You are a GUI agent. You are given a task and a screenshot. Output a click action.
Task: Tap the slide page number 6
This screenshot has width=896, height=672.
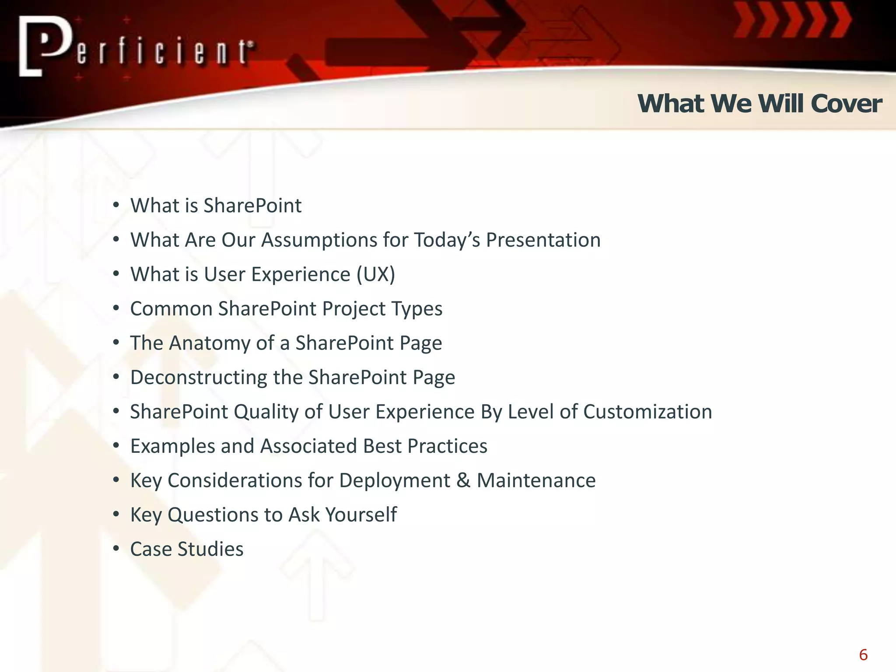(863, 655)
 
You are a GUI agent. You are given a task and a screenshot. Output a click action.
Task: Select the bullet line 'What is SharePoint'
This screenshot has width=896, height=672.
(216, 206)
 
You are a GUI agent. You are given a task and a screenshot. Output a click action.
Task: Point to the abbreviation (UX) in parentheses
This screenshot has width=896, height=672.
(375, 274)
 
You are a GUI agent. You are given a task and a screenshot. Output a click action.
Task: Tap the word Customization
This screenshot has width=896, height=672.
(647, 412)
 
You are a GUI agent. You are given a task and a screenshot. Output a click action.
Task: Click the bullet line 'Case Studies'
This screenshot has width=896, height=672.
(187, 549)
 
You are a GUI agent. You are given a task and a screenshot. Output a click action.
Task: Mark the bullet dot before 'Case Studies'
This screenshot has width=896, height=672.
(116, 549)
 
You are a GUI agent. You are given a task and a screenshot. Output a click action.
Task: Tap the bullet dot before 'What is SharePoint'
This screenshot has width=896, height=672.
(116, 205)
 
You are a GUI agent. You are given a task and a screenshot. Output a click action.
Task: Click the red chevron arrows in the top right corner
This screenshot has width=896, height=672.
(792, 21)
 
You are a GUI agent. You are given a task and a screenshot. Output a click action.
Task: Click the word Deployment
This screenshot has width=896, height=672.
(395, 480)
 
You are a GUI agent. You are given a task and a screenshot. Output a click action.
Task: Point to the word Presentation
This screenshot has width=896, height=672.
(543, 240)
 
